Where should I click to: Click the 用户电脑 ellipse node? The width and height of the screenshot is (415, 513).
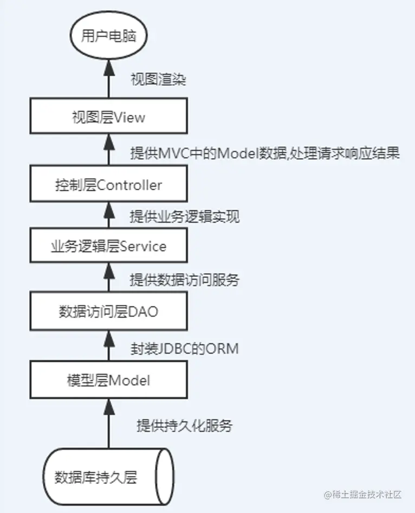[x=108, y=37]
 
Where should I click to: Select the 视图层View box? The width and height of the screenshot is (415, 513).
[x=108, y=117]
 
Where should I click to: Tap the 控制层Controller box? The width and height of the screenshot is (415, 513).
[x=108, y=185]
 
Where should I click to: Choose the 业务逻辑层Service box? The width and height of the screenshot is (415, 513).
[x=108, y=246]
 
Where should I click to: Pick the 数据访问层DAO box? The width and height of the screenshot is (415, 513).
[x=108, y=312]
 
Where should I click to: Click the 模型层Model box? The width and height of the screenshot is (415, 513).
[x=108, y=380]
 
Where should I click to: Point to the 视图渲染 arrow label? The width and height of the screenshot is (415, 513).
[x=158, y=80]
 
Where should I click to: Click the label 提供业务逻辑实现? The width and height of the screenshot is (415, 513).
[x=184, y=217]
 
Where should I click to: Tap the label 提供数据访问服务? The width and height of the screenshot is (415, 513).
[x=184, y=280]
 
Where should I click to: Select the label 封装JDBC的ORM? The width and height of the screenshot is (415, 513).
[x=184, y=348]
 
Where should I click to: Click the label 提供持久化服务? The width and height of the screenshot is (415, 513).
[x=184, y=426]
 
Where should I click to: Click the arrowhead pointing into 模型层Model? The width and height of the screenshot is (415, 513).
[x=109, y=404]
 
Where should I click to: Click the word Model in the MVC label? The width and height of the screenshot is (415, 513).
[x=235, y=154]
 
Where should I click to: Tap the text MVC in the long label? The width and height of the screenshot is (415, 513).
[x=172, y=154]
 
